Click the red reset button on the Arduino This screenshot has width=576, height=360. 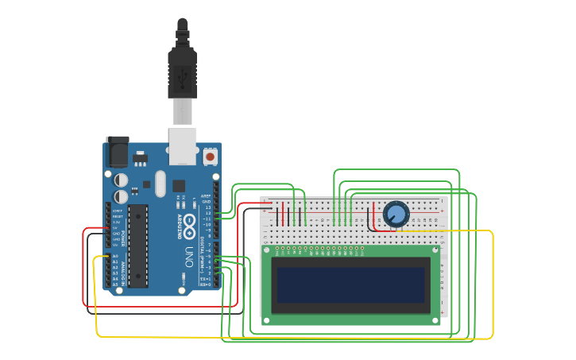pos(210,157)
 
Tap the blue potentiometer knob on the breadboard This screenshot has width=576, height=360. pos(396,214)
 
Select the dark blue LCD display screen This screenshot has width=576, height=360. pos(350,285)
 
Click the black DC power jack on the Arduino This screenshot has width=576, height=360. pos(117,151)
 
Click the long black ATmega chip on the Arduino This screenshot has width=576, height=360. pos(138,245)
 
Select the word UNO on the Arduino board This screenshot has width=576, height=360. pos(189,257)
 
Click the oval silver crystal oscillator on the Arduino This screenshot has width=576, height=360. pos(160,184)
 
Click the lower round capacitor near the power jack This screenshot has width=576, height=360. pos(121,195)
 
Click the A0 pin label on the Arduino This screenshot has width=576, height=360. pos(115,256)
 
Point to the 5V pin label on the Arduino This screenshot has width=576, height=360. pos(115,227)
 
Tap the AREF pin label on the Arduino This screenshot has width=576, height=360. pos(205,195)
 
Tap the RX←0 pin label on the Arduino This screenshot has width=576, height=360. pos(205,284)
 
